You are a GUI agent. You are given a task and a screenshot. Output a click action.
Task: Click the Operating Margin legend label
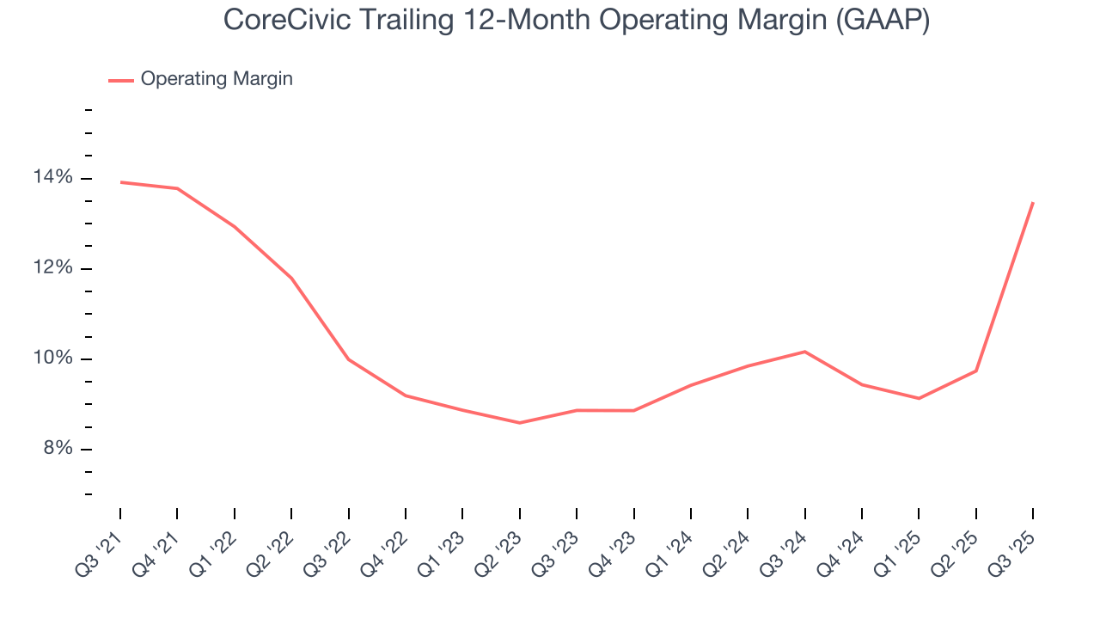point(217,79)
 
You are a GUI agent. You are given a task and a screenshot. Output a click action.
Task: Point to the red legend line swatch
point(120,80)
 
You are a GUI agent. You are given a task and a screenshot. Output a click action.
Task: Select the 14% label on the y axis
point(53,178)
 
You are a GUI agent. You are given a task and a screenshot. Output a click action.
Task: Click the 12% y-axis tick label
point(53,268)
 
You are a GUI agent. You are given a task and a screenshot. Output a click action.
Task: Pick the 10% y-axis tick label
point(53,359)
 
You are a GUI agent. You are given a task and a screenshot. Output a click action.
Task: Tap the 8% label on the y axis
point(57,449)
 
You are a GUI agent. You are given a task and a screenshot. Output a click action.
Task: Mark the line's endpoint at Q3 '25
point(1033,202)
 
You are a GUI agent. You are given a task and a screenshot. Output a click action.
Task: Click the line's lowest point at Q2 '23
point(519,423)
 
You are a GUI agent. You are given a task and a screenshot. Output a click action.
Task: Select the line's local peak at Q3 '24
point(804,351)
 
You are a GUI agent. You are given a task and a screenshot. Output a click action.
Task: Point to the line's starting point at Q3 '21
point(120,182)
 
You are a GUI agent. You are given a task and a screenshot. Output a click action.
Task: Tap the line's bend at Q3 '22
point(348,359)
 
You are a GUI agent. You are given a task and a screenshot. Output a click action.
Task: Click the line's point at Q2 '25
point(976,371)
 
